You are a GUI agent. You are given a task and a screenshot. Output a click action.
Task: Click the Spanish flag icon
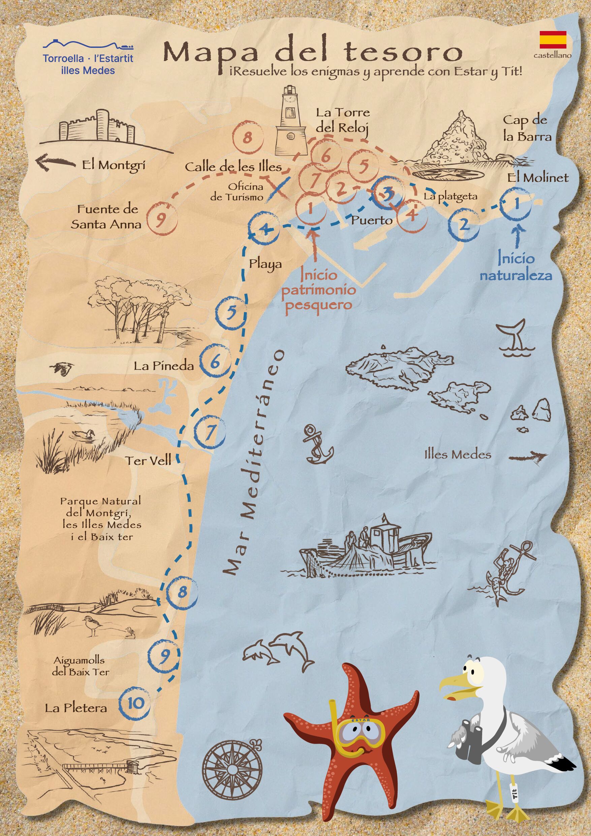(x=553, y=39)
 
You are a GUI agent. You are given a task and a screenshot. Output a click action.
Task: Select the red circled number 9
(x=161, y=219)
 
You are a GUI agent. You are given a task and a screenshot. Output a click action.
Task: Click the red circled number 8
(x=247, y=138)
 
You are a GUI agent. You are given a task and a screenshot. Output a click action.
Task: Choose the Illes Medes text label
(x=458, y=454)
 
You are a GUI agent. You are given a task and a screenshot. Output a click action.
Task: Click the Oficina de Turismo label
(x=237, y=192)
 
